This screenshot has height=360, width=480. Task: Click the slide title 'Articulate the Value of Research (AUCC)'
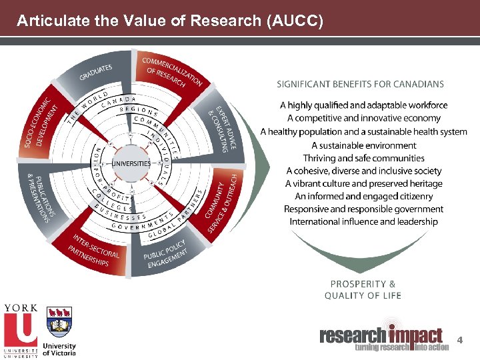tap(170, 21)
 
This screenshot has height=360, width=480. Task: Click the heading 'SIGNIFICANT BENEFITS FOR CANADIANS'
tap(361, 85)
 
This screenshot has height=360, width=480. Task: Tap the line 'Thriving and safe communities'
tap(364, 158)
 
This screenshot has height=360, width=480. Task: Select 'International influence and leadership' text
tap(364, 221)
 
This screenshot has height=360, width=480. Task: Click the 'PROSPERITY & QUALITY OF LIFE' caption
tap(363, 289)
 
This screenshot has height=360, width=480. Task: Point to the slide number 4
tap(459, 341)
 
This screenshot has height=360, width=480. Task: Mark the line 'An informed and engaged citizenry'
tap(364, 196)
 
